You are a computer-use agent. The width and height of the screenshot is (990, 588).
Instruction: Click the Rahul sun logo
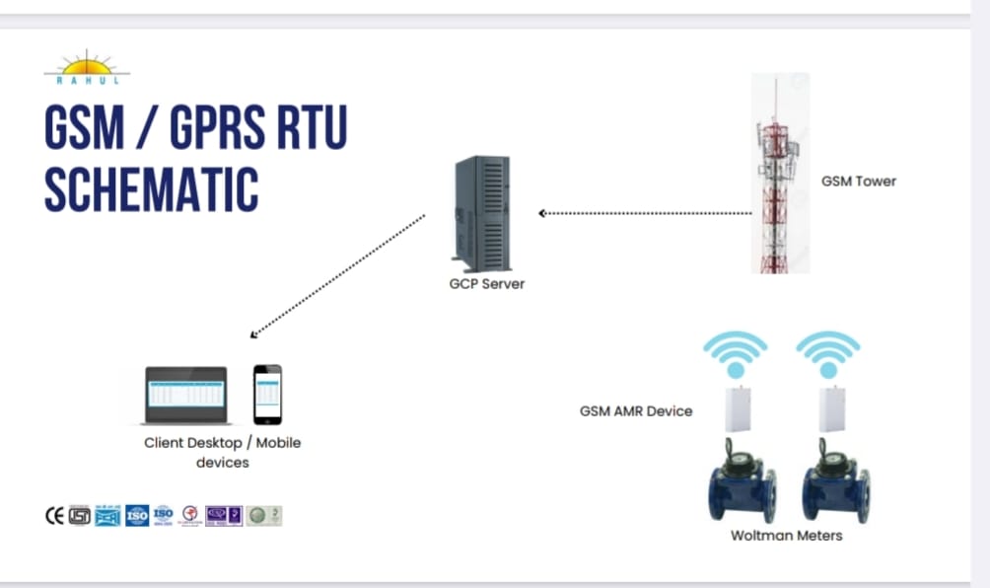tap(87, 67)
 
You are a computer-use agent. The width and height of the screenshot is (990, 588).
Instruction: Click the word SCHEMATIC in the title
tap(151, 190)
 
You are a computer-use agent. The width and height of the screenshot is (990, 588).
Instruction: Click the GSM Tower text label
tap(858, 182)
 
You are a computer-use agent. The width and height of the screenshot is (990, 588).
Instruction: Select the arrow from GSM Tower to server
tap(646, 212)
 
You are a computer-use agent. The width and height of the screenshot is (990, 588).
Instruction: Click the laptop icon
tap(186, 395)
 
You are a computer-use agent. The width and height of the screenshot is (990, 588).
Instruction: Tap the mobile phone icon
tap(267, 395)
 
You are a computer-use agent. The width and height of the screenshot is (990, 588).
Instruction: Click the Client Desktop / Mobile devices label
tap(222, 452)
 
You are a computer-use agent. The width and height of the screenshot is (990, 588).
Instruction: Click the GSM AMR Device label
tap(635, 410)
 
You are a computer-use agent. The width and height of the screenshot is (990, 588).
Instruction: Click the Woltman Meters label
tap(786, 536)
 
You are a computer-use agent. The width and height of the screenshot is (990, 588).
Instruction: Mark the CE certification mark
tap(54, 515)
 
